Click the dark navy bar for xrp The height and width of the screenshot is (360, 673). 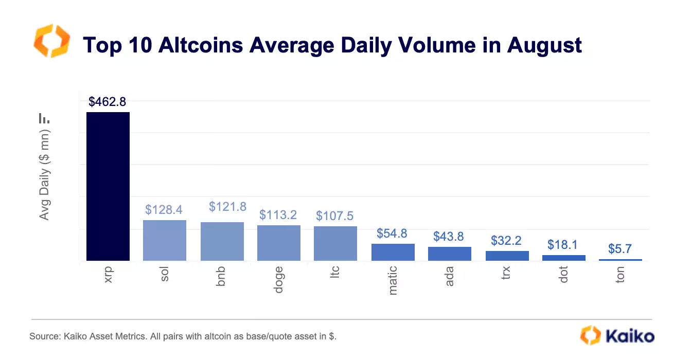(108, 186)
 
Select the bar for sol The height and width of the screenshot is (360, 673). (164, 240)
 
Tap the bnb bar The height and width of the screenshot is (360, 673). (222, 241)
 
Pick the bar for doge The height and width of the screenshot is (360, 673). (278, 243)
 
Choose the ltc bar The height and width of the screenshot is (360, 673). (335, 243)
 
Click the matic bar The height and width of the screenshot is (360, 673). (393, 252)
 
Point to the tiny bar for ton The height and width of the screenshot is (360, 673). (620, 260)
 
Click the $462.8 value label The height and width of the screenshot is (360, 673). (107, 102)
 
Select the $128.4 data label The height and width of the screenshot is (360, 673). (164, 210)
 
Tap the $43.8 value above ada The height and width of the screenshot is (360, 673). (448, 237)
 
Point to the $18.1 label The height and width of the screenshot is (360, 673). (563, 245)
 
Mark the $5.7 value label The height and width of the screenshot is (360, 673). (620, 249)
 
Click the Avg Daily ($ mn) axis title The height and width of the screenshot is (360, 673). (45, 175)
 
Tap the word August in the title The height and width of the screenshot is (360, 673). (544, 45)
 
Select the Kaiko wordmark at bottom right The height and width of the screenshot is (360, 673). (629, 336)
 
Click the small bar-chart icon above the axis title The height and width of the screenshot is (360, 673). (44, 118)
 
